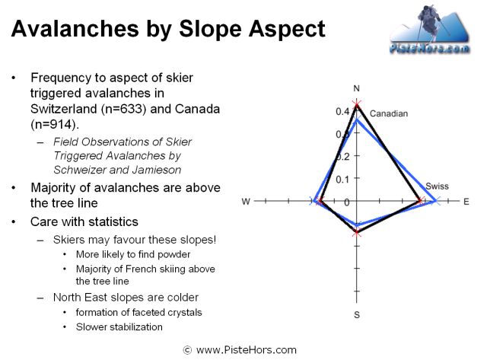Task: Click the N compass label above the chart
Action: (357, 88)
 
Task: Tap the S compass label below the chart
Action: (357, 314)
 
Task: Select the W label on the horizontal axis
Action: (246, 202)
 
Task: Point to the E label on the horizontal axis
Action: (466, 202)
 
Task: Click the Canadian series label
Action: (389, 113)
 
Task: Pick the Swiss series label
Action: (437, 186)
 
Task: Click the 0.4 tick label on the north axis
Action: (342, 111)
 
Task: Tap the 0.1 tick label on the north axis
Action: (342, 179)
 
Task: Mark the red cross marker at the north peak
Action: (357, 104)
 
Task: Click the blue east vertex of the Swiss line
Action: (437, 201)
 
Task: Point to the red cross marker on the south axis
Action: (357, 231)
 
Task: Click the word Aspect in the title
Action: (286, 29)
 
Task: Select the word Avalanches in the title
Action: (75, 29)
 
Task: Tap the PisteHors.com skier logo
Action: (429, 29)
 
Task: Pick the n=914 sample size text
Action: (53, 125)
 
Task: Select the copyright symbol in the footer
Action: (187, 350)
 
